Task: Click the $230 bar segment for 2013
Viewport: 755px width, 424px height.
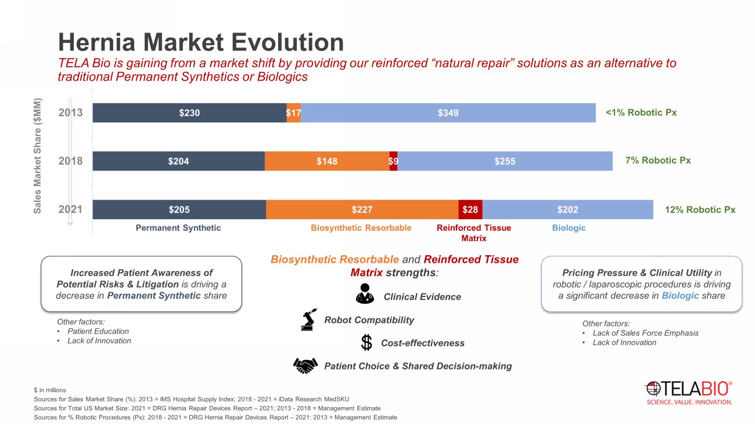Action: pos(189,113)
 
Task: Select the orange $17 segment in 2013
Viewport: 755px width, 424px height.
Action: pos(293,113)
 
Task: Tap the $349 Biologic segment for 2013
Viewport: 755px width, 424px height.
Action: pos(448,113)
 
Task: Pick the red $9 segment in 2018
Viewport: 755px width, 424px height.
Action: pos(393,161)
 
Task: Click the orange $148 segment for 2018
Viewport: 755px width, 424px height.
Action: pos(327,161)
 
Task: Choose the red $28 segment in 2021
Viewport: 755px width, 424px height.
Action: pos(470,209)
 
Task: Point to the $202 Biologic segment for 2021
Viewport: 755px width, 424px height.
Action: pos(567,209)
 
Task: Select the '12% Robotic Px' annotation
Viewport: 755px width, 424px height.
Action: pos(700,210)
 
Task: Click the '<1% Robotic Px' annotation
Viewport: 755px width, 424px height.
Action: pos(641,113)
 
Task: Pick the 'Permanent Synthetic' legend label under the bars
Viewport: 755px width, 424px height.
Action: pos(178,228)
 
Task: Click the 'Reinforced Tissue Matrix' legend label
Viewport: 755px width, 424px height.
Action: pos(474,233)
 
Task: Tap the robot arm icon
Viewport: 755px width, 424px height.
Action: pos(308,320)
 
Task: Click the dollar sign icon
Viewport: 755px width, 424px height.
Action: pos(366,343)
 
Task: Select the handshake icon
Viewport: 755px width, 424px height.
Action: pos(305,365)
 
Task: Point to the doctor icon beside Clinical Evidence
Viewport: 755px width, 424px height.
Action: pos(365,294)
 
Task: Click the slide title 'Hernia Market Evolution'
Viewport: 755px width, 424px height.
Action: pos(201,42)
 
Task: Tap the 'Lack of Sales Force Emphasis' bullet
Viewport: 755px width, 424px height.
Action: pos(645,333)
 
